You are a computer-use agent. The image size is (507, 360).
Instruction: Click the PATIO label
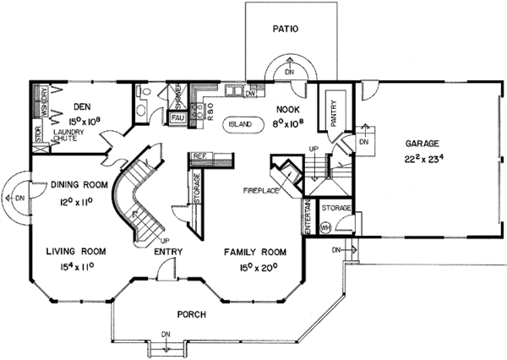point(284,28)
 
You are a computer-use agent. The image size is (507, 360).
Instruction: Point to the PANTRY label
point(333,118)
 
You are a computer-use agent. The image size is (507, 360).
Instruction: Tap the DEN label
point(81,107)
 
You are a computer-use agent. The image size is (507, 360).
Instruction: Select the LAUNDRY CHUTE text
point(67,137)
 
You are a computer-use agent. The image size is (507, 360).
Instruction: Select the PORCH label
point(192,314)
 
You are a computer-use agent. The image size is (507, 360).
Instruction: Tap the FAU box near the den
point(177,117)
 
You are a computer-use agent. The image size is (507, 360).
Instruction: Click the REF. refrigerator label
point(200,157)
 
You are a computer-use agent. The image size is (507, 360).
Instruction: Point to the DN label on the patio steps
point(289,74)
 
